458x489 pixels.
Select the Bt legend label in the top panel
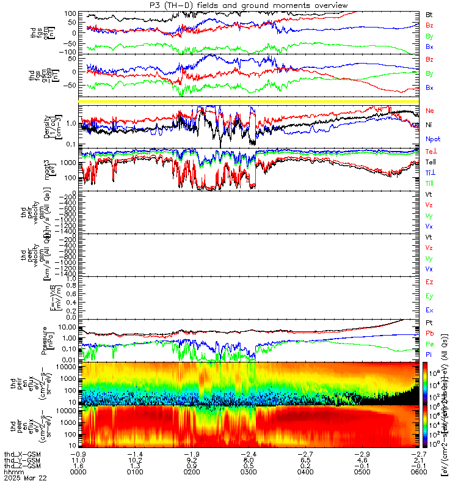[429, 14]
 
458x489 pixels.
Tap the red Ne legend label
[430, 111]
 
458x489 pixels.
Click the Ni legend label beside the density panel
[429, 125]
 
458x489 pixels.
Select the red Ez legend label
[429, 282]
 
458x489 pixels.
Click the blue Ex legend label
[429, 311]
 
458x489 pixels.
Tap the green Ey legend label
[429, 296]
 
